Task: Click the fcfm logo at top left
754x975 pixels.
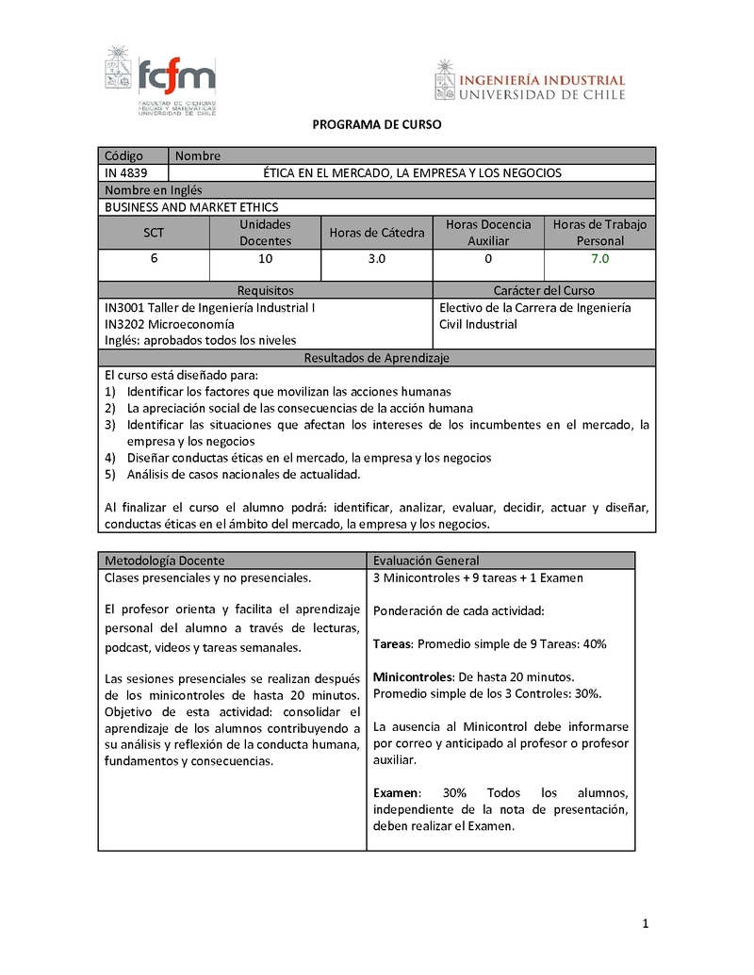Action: (160, 82)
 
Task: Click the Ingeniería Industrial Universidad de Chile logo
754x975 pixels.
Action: (530, 80)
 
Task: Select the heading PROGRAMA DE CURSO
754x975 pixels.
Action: (376, 124)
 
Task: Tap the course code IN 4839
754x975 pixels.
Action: (125, 173)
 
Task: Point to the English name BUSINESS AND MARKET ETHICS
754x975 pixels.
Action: (191, 207)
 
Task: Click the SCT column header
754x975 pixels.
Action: (154, 233)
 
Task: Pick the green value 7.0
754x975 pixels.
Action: (599, 258)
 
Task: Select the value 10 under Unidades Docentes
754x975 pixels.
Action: (265, 258)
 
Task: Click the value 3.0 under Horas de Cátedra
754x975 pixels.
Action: (376, 258)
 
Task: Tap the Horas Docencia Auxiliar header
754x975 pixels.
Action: (487, 233)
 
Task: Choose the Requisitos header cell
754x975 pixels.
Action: (265, 291)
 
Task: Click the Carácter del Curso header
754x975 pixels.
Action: (544, 291)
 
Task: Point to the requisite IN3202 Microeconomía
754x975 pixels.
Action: (170, 324)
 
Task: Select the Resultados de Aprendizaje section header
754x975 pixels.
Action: (376, 358)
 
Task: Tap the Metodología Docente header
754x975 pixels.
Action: (165, 561)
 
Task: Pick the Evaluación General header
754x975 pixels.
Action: (426, 561)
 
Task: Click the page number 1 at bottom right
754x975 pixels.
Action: (646, 924)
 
